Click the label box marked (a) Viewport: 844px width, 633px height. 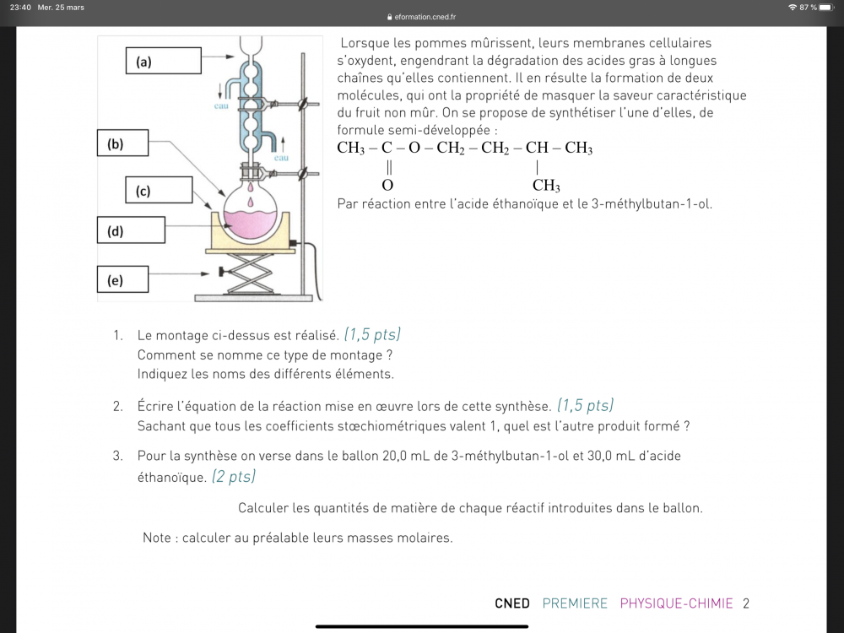coord(165,62)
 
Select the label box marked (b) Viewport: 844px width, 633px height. coord(122,143)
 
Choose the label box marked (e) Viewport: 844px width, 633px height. coord(122,279)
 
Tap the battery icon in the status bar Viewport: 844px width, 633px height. coord(826,8)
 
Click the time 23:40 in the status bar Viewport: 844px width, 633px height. coord(20,8)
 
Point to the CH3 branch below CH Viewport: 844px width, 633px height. coord(546,187)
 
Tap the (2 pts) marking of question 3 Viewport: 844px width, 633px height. coord(233,477)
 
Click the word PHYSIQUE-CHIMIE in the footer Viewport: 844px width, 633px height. coord(676,603)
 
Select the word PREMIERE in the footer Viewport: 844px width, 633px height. coord(575,603)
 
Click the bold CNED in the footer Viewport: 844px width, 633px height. coord(511,603)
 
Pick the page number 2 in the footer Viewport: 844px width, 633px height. coord(746,603)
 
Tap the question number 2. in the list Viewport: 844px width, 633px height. coord(118,407)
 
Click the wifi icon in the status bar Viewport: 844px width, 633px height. coord(793,8)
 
